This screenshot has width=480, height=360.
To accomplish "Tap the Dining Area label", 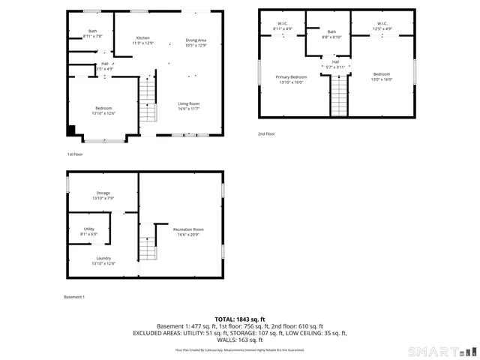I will (196, 40).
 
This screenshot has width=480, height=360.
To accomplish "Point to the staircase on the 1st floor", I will (148, 101).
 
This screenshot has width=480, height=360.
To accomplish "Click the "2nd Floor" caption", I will (267, 133).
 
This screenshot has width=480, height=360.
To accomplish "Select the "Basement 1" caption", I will (74, 297).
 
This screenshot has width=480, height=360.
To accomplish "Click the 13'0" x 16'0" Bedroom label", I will (382, 76).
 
